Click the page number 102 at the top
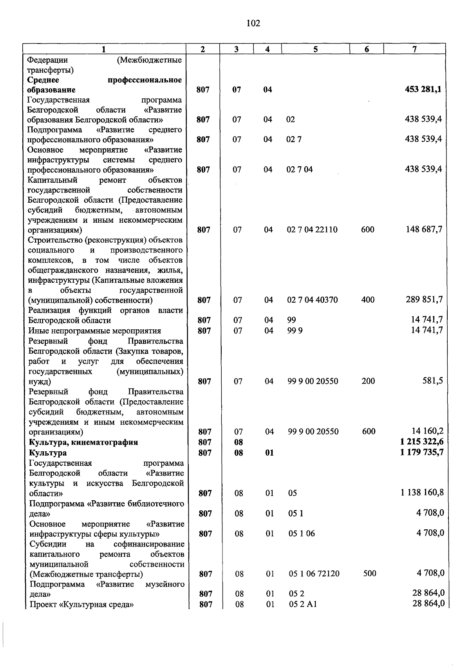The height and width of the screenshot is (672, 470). tap(253, 24)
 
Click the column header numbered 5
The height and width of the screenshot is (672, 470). tap(315, 49)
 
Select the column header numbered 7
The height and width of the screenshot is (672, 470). tap(414, 49)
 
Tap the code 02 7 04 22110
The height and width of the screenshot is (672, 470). tap(312, 230)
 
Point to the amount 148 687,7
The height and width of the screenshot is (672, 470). tap(424, 229)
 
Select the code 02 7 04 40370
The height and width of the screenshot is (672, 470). tap(313, 300)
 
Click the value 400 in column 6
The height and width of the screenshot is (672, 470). tap(368, 300)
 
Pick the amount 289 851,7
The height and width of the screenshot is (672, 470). tap(424, 300)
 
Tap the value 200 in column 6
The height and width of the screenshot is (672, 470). tap(368, 381)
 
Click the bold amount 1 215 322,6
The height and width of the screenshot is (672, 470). tap(422, 442)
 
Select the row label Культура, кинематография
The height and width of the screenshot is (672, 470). tap(83, 442)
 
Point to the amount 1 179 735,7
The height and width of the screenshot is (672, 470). tap(422, 452)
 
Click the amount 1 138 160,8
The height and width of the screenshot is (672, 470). tap(422, 493)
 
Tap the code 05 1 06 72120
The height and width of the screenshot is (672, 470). tap(314, 574)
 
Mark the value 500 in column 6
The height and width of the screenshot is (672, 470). tap(369, 574)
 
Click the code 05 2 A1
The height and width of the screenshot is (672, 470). tap(303, 604)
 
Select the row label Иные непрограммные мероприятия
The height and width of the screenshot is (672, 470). tap(94, 331)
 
